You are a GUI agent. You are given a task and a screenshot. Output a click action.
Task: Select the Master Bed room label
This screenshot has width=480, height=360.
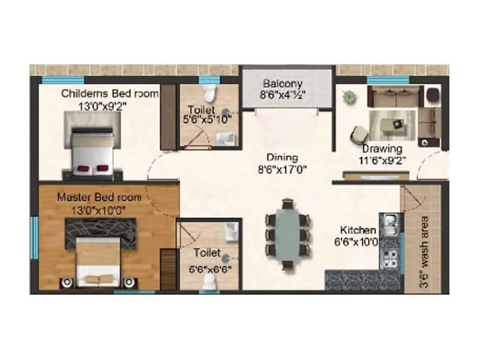point(100,197)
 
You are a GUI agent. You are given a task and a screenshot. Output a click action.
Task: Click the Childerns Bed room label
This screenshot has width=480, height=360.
point(110,93)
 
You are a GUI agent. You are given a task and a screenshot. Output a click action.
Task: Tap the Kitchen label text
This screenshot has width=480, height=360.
point(358,230)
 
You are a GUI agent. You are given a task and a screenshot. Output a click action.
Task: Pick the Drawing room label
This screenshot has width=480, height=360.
point(382,148)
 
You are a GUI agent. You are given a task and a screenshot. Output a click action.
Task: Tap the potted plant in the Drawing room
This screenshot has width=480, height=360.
point(348,95)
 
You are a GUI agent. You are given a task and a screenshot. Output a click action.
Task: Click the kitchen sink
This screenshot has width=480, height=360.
point(389,226)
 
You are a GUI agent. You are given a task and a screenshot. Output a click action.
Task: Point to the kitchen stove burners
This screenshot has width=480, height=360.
point(389,259)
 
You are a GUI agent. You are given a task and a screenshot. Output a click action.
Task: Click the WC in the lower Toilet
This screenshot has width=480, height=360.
point(209,284)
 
